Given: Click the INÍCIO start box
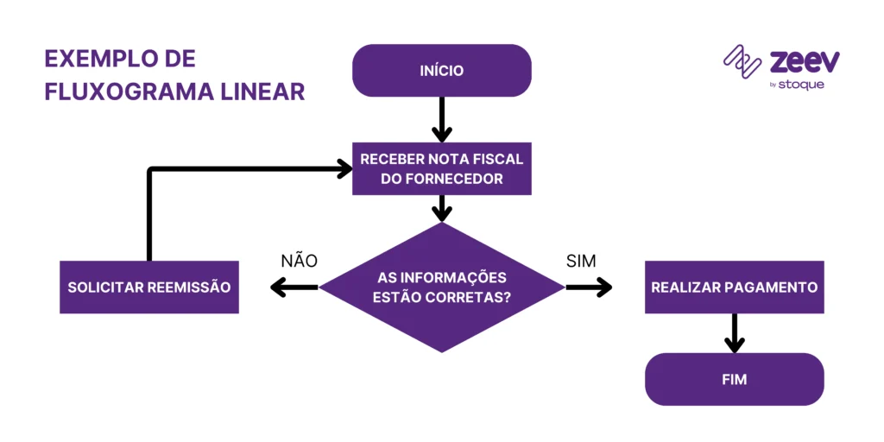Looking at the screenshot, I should (441, 71).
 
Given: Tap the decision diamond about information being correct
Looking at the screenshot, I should (441, 287).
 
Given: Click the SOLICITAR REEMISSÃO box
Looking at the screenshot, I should (148, 287).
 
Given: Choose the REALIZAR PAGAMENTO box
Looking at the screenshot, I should (734, 287).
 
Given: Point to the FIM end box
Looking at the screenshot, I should (734, 379).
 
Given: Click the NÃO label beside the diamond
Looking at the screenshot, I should (299, 261).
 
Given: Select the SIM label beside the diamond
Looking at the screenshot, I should (581, 261).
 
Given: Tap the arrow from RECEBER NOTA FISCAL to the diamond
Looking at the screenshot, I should (441, 208).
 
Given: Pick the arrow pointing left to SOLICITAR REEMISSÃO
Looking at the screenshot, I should (294, 287).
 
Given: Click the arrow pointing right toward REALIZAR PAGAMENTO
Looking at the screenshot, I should (589, 287).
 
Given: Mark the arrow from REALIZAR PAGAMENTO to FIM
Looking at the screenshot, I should (734, 332).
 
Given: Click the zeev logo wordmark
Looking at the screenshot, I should (804, 62).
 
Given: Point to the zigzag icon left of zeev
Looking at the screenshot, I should (742, 62).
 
